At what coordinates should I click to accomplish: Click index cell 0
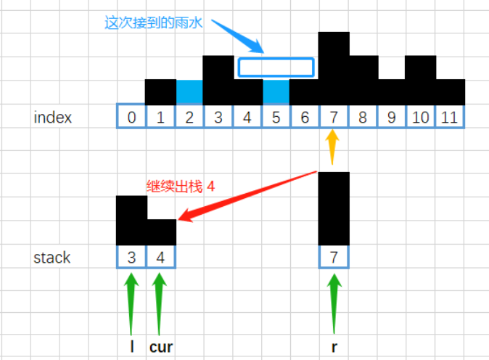tap(131, 116)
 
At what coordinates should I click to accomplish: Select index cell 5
tap(276, 117)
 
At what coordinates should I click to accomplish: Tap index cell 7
tap(334, 117)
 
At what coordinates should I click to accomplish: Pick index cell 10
tap(420, 117)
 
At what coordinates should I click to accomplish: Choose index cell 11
tap(449, 117)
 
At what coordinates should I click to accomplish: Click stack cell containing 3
tap(131, 257)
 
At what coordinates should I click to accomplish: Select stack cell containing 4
tap(160, 257)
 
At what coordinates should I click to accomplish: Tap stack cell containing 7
tap(334, 257)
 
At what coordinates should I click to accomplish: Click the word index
tap(53, 118)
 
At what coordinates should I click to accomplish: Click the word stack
tap(52, 258)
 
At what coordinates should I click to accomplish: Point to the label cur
tap(161, 347)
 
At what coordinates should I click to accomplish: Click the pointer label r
tap(334, 347)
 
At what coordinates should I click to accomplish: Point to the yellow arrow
tap(332, 147)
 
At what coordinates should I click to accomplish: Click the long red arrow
tap(247, 196)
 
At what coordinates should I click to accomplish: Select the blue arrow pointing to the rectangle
tap(238, 36)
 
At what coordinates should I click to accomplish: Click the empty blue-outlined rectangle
tap(276, 58)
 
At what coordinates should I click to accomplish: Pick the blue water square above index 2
tap(189, 92)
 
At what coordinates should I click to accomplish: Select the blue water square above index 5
tap(276, 92)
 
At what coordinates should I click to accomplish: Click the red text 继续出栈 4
tap(180, 187)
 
